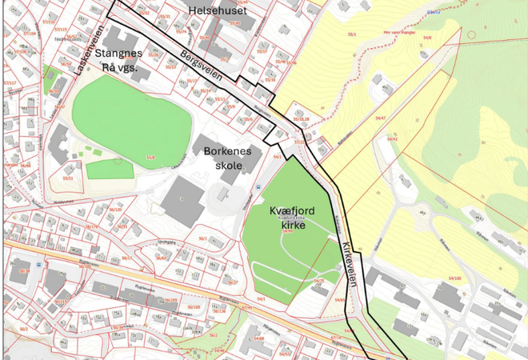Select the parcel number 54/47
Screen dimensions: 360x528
382,118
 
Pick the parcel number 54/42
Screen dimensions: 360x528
393,138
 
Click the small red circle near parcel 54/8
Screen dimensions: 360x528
471,34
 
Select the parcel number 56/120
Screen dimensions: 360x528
115,209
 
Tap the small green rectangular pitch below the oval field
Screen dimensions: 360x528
110,169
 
